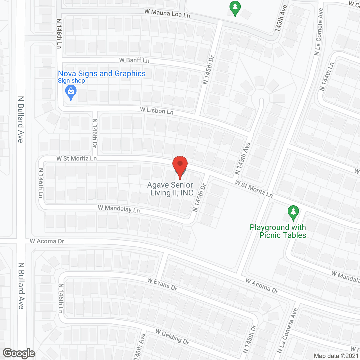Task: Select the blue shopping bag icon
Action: coord(71,92)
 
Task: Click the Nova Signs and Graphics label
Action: coord(102,74)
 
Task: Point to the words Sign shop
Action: coord(71,81)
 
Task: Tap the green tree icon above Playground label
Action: coord(293,213)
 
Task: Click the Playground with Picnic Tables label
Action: coord(278,231)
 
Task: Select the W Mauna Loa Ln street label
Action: coord(167,13)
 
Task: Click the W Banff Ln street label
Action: coord(134,60)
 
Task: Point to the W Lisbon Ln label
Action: coord(157,111)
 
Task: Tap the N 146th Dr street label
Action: coord(95,133)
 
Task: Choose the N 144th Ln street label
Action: coord(327,76)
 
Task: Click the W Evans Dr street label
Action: coord(162,284)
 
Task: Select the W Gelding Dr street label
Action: coord(172,337)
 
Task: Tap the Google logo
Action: coord(19,353)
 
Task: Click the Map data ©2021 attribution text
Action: coord(336,356)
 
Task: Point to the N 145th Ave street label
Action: coord(242,158)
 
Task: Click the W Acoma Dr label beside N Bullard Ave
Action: coord(47,241)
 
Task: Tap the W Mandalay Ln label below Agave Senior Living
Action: coord(119,209)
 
